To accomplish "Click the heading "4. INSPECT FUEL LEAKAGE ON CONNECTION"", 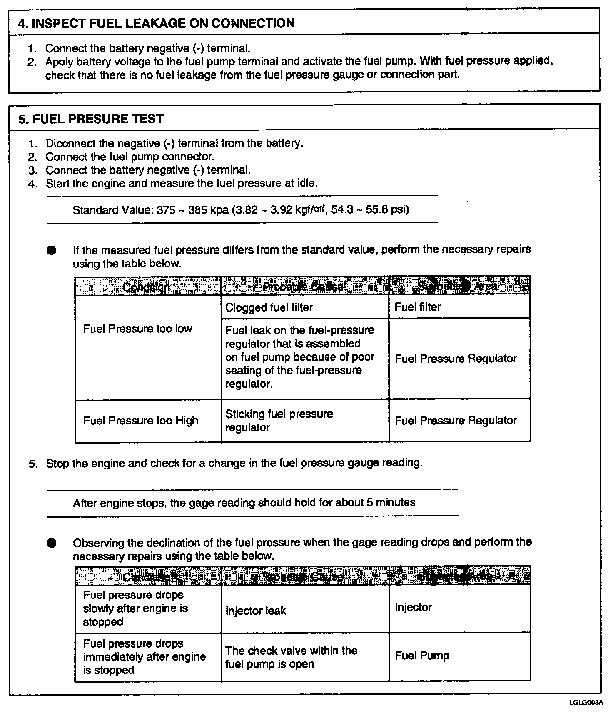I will pyautogui.click(x=156, y=23).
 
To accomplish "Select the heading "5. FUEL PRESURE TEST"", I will pyautogui.click(x=91, y=119).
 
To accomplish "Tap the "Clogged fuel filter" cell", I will pyautogui.click(x=269, y=307).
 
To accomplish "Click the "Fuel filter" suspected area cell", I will pyautogui.click(x=418, y=307).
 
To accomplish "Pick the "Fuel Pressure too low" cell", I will pyautogui.click(x=137, y=329).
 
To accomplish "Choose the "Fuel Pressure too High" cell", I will pyautogui.click(x=140, y=421).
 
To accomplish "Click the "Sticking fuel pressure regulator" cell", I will pyautogui.click(x=279, y=421).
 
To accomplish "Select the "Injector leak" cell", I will pyautogui.click(x=256, y=611).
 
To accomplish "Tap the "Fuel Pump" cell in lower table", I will pyautogui.click(x=422, y=656).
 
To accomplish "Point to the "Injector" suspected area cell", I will pyautogui.click(x=413, y=607).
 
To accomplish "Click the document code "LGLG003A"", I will pyautogui.click(x=586, y=703).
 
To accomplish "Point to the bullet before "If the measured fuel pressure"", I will pyautogui.click(x=51, y=251).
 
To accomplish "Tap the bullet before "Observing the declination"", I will pyautogui.click(x=51, y=543).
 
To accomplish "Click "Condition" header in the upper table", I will pyautogui.click(x=146, y=287).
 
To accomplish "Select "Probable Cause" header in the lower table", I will pyautogui.click(x=303, y=576).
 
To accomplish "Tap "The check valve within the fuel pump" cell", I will pyautogui.click(x=291, y=657).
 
